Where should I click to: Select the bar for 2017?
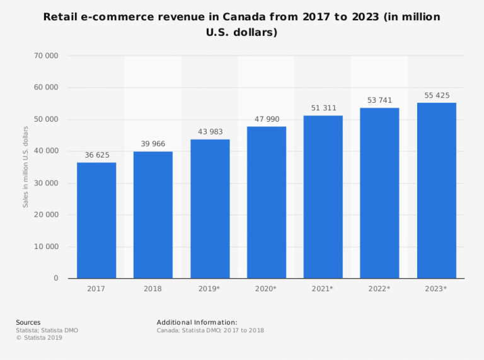(96, 220)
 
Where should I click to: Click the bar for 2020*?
(267, 202)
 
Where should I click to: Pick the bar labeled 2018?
(153, 214)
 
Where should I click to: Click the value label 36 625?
(96, 154)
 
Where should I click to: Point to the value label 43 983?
(210, 131)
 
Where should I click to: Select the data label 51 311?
(323, 108)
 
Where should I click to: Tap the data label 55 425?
(436, 95)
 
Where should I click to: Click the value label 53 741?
(379, 100)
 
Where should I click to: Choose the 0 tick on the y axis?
(55, 278)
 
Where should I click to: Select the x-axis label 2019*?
(210, 289)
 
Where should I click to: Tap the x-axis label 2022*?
(379, 289)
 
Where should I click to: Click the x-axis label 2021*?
(323, 289)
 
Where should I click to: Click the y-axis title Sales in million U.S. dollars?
(26, 167)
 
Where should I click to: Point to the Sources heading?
(28, 322)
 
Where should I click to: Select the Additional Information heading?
(197, 322)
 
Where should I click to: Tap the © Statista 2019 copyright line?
(39, 337)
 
